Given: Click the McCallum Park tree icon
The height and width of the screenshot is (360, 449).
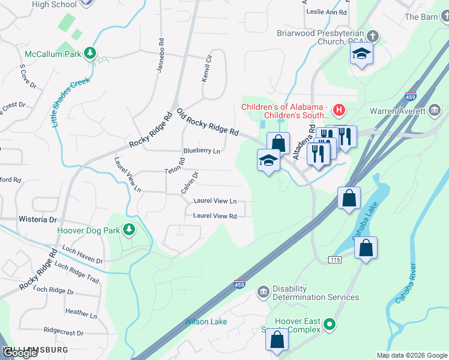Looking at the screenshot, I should (90, 53).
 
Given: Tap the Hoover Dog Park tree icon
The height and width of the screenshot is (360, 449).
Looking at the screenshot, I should (128, 230).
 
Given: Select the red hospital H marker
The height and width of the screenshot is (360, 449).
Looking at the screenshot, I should (339, 110).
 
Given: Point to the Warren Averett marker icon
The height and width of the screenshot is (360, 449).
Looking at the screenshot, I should (435, 110).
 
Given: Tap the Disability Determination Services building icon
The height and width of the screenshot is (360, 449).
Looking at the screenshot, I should (264, 292).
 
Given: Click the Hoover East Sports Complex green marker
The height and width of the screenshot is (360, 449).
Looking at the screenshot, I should (329, 326).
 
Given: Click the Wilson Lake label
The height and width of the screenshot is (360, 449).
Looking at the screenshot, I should (206, 322).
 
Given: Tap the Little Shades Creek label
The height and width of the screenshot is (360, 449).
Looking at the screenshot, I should (70, 103).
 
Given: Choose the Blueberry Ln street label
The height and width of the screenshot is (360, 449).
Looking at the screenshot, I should (202, 151).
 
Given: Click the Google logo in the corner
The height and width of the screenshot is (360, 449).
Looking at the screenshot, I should (20, 353).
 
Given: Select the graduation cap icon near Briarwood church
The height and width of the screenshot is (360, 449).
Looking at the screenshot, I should (361, 55).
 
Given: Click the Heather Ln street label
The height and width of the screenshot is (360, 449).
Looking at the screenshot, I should (80, 313).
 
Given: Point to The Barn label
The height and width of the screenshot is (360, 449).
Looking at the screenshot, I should (421, 17).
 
